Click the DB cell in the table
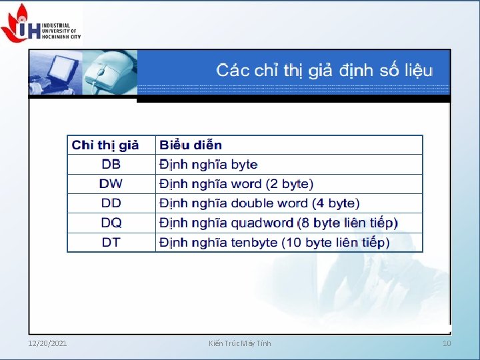111,164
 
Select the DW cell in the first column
111,183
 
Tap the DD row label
111,203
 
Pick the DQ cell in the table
111,222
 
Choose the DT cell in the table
111,241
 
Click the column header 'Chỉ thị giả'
105,145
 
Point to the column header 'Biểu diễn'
191,145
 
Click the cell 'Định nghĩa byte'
208,164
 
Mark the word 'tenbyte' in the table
253,241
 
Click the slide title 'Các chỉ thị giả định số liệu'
325,69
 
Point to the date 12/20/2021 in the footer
47,343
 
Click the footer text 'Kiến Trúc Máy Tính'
240,343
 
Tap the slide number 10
447,343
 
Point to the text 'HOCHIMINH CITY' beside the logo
61,37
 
